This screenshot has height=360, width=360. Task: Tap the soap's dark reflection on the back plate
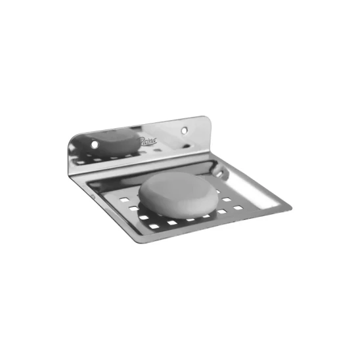(x=112, y=141)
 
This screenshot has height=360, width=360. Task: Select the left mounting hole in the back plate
(x=94, y=142)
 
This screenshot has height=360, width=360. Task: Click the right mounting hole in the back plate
(x=185, y=124)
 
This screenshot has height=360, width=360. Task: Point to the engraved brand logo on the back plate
(x=145, y=139)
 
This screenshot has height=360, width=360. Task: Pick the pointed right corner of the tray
(x=288, y=209)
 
